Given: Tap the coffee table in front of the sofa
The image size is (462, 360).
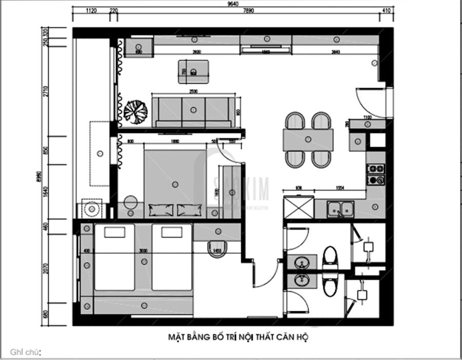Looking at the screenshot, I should pos(194,71).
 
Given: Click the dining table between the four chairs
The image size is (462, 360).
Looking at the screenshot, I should pos(308,139).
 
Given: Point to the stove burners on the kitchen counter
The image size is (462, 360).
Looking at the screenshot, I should pos(376,174).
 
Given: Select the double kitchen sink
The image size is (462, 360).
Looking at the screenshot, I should pos(340,209).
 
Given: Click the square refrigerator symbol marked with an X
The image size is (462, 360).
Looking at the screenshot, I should pos(298,208).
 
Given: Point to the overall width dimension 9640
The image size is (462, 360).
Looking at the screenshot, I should pos(234,4).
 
